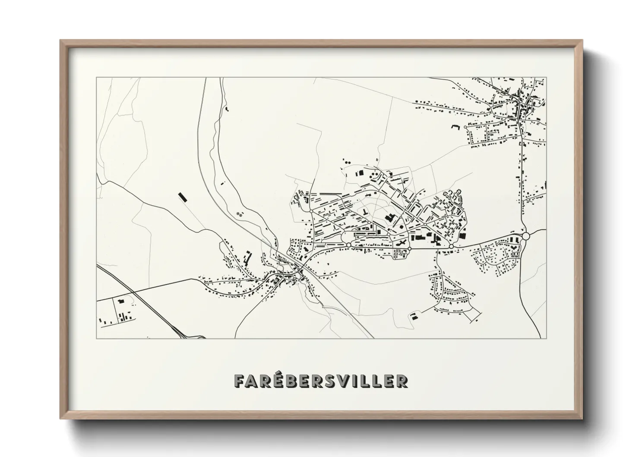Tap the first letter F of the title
pos(239,381)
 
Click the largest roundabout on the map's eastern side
pos(525,236)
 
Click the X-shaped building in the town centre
pos(401,244)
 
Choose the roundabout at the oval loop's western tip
pos(348,245)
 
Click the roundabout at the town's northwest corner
pos(311,211)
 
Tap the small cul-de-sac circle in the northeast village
pos(465,127)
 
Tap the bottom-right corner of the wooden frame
pos(582,419)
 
